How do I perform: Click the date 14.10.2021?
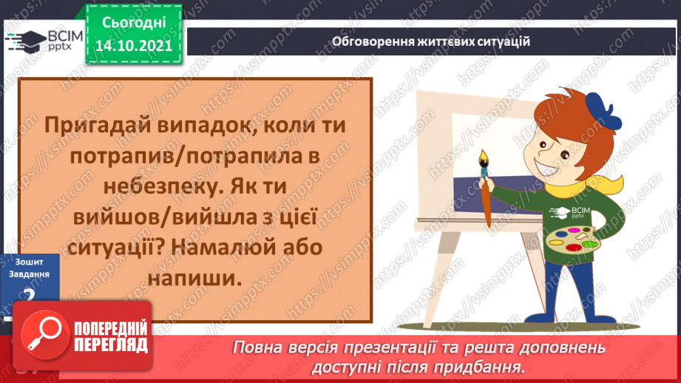point(133,45)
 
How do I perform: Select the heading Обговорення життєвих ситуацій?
point(431,41)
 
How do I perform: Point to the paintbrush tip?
point(484,158)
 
